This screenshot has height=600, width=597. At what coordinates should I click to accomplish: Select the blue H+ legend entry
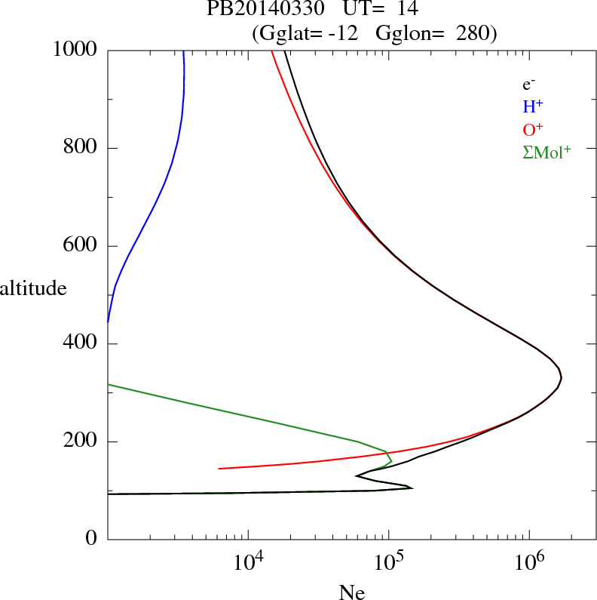point(534,106)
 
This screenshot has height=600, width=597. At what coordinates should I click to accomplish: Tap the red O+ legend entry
point(534,129)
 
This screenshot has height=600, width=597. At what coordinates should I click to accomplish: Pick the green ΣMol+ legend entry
point(546,152)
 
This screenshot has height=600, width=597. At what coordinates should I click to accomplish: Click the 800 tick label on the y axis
point(81,147)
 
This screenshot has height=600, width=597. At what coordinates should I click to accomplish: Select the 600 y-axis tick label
point(81,245)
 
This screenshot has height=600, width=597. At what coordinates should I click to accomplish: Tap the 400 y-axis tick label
point(81,343)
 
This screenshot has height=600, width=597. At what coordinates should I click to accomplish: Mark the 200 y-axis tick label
point(81,442)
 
